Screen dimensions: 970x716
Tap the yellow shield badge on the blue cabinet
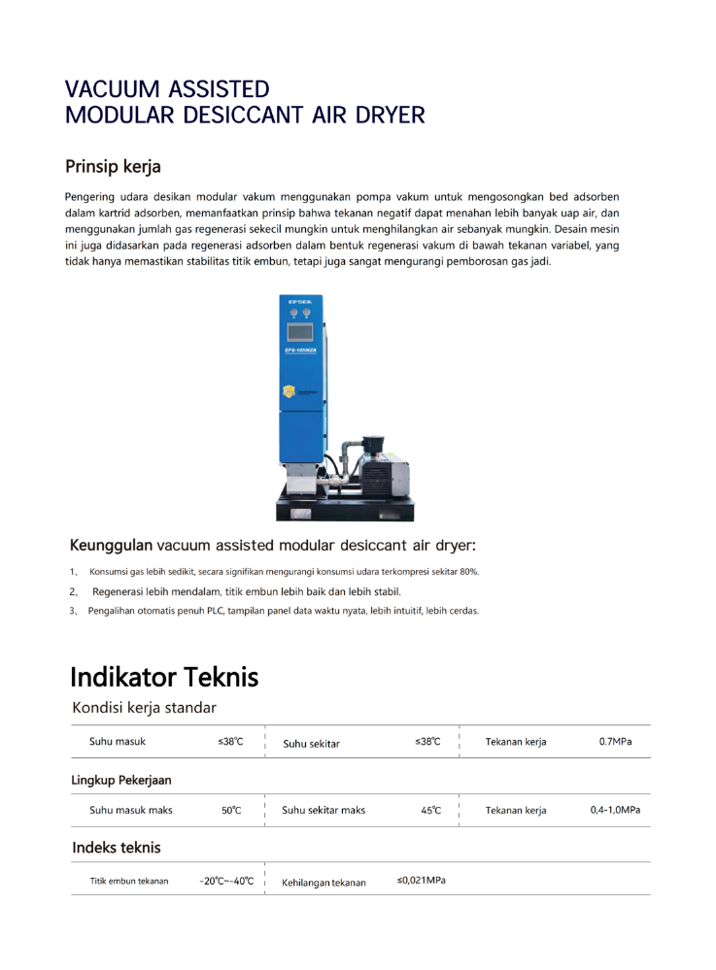289,391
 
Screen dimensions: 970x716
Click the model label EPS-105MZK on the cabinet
300,349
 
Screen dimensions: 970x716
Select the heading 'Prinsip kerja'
113,166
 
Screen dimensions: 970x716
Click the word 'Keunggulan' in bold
111,545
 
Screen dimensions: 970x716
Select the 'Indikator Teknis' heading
164,677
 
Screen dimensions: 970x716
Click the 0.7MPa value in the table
615,742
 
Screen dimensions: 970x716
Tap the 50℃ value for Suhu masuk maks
231,810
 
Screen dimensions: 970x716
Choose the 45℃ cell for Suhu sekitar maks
431,810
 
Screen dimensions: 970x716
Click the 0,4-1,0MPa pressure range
615,810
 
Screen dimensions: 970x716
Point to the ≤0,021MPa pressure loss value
422,881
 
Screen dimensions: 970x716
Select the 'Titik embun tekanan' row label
129,882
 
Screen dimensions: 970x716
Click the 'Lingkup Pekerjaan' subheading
121,780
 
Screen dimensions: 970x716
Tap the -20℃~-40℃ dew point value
226,882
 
